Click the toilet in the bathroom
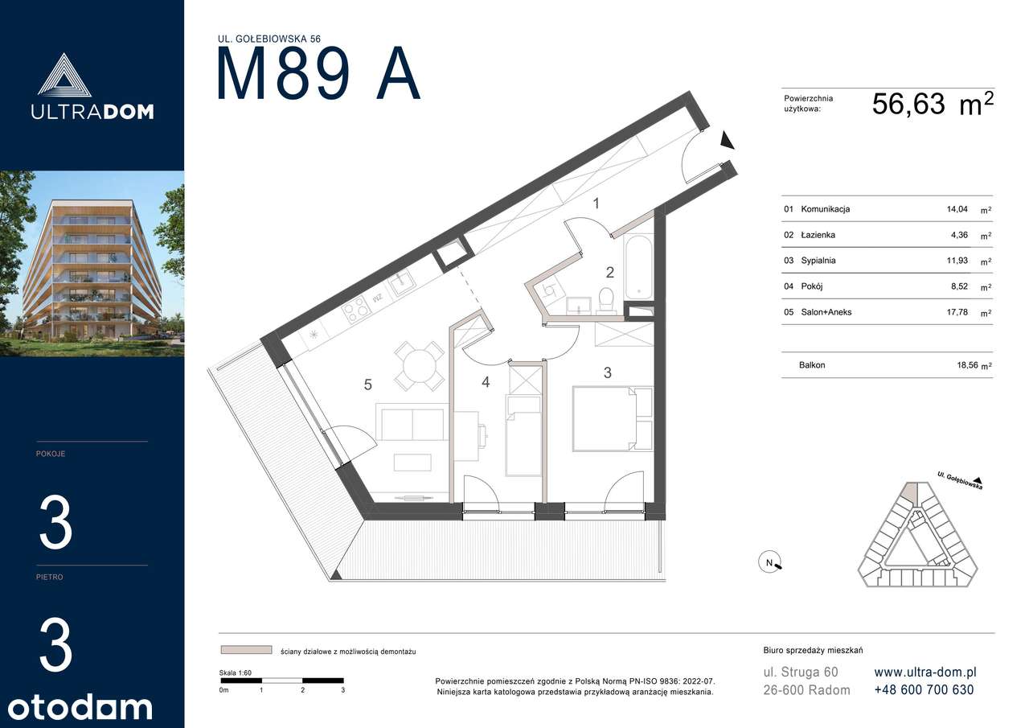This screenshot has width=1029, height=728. (x=606, y=301)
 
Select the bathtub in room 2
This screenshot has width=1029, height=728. (x=638, y=266)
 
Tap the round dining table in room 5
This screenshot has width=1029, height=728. (x=420, y=366)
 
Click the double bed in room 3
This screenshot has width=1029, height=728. (x=613, y=418)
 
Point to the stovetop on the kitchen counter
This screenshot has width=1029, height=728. (x=356, y=306)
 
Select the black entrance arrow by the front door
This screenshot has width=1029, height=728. (x=727, y=140)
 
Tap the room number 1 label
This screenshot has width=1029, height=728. (x=596, y=204)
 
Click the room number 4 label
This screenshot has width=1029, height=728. (x=486, y=382)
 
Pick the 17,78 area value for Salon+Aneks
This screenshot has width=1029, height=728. (x=957, y=312)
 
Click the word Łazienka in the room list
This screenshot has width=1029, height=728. (x=818, y=235)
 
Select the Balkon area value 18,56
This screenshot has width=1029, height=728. (x=967, y=365)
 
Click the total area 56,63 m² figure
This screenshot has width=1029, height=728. (x=933, y=104)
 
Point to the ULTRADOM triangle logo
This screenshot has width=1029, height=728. (x=64, y=75)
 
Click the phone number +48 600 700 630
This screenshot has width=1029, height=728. (x=924, y=690)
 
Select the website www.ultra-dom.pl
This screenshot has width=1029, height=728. (x=925, y=672)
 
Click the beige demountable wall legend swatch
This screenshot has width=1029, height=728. (x=246, y=650)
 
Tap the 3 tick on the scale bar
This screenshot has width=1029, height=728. (x=343, y=690)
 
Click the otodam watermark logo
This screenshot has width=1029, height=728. (x=80, y=708)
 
